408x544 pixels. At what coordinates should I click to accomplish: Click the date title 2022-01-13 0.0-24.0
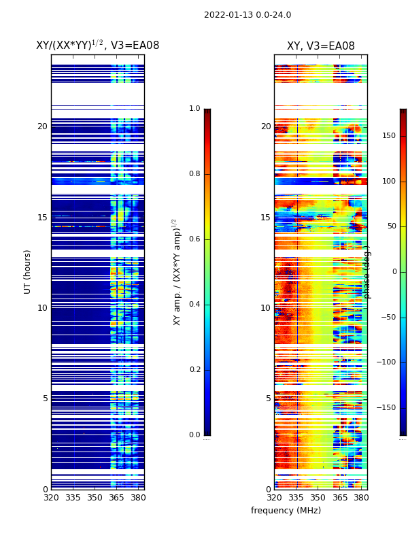pyautogui.click(x=248, y=15)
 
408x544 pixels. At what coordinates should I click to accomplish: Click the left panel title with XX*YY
pyautogui.click(x=97, y=46)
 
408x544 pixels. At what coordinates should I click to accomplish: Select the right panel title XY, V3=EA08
pyautogui.click(x=320, y=46)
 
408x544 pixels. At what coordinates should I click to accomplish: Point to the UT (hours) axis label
pyautogui.click(x=28, y=271)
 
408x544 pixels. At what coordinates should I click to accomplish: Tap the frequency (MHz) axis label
pyautogui.click(x=286, y=511)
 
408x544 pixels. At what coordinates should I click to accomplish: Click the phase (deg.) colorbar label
pyautogui.click(x=367, y=272)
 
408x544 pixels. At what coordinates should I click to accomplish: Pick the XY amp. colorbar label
pyautogui.click(x=177, y=272)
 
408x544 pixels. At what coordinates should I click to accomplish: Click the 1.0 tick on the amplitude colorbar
pyautogui.click(x=194, y=109)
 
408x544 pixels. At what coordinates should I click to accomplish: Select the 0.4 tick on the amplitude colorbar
pyautogui.click(x=194, y=305)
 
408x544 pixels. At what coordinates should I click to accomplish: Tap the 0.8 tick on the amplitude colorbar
pyautogui.click(x=194, y=174)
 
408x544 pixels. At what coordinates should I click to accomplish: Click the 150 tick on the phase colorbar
pyautogui.click(x=389, y=136)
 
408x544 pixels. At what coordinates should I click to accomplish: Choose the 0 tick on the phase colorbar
pyautogui.click(x=392, y=272)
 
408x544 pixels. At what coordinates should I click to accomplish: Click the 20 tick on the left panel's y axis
pyautogui.click(x=42, y=126)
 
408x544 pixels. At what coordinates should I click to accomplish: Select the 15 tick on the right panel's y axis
pyautogui.click(x=265, y=218)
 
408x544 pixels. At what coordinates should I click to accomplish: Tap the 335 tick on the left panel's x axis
pyautogui.click(x=73, y=498)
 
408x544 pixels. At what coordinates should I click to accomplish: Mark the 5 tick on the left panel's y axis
pyautogui.click(x=45, y=398)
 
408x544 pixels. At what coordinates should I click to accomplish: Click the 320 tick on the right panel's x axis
pyautogui.click(x=274, y=498)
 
